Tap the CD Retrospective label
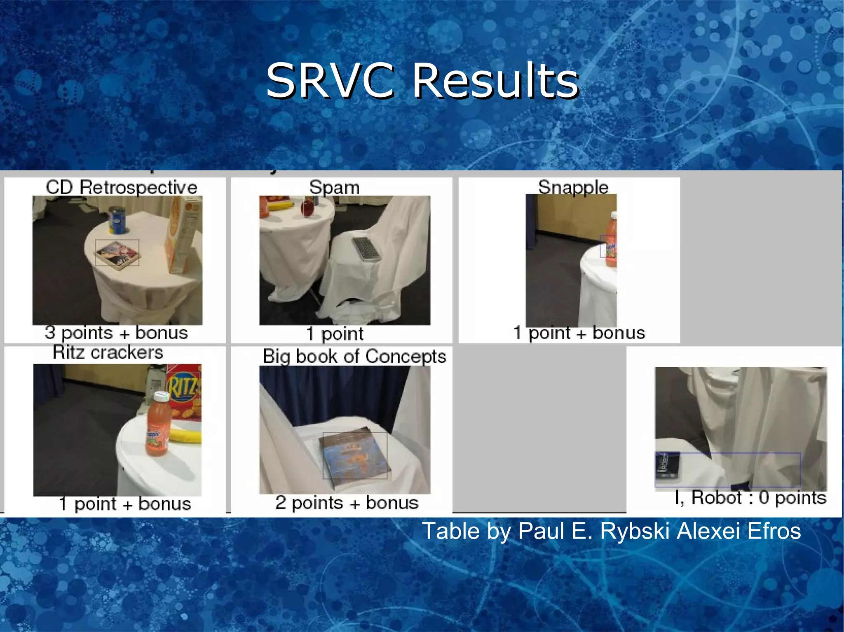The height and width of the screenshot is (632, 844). pyautogui.click(x=122, y=187)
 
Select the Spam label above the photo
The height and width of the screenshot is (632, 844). pyautogui.click(x=334, y=187)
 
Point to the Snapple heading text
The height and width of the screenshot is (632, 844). pyautogui.click(x=573, y=187)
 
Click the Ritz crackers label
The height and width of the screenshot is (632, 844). pyautogui.click(x=108, y=353)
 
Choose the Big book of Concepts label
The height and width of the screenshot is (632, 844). pyautogui.click(x=354, y=356)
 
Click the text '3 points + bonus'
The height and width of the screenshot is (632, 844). pyautogui.click(x=116, y=333)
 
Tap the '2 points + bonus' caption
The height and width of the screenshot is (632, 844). pyautogui.click(x=347, y=503)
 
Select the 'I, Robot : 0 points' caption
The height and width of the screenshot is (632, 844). pyautogui.click(x=750, y=498)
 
